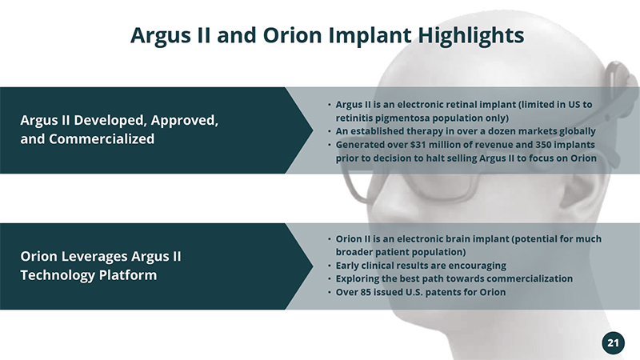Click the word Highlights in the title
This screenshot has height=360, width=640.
tap(470, 35)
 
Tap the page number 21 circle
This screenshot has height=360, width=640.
tap(613, 343)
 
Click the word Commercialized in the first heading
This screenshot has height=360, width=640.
tap(102, 139)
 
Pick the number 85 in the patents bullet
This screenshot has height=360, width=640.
tap(366, 292)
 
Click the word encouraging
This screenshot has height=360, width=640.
tap(477, 266)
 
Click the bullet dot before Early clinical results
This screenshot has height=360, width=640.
tap(330, 266)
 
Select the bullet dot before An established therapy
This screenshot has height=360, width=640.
tap(330, 131)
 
